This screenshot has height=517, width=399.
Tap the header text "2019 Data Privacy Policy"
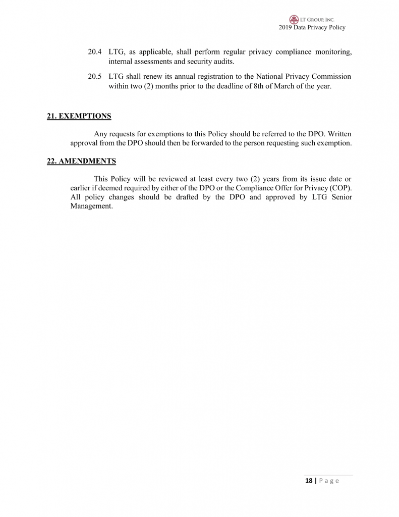[312, 27]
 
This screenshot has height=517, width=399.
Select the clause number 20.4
[95, 52]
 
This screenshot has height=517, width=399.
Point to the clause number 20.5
[95, 77]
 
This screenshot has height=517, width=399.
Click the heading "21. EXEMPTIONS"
[79, 116]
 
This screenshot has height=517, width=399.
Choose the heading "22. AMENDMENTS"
[81, 161]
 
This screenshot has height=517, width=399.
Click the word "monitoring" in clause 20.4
[333, 52]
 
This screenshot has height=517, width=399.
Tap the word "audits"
[223, 62]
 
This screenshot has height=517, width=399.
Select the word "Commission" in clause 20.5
[331, 77]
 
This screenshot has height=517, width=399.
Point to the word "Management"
[91, 206]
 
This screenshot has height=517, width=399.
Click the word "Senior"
[340, 197]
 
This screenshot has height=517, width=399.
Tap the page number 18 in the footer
[308, 481]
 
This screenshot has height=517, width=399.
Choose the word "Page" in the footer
[328, 481]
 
